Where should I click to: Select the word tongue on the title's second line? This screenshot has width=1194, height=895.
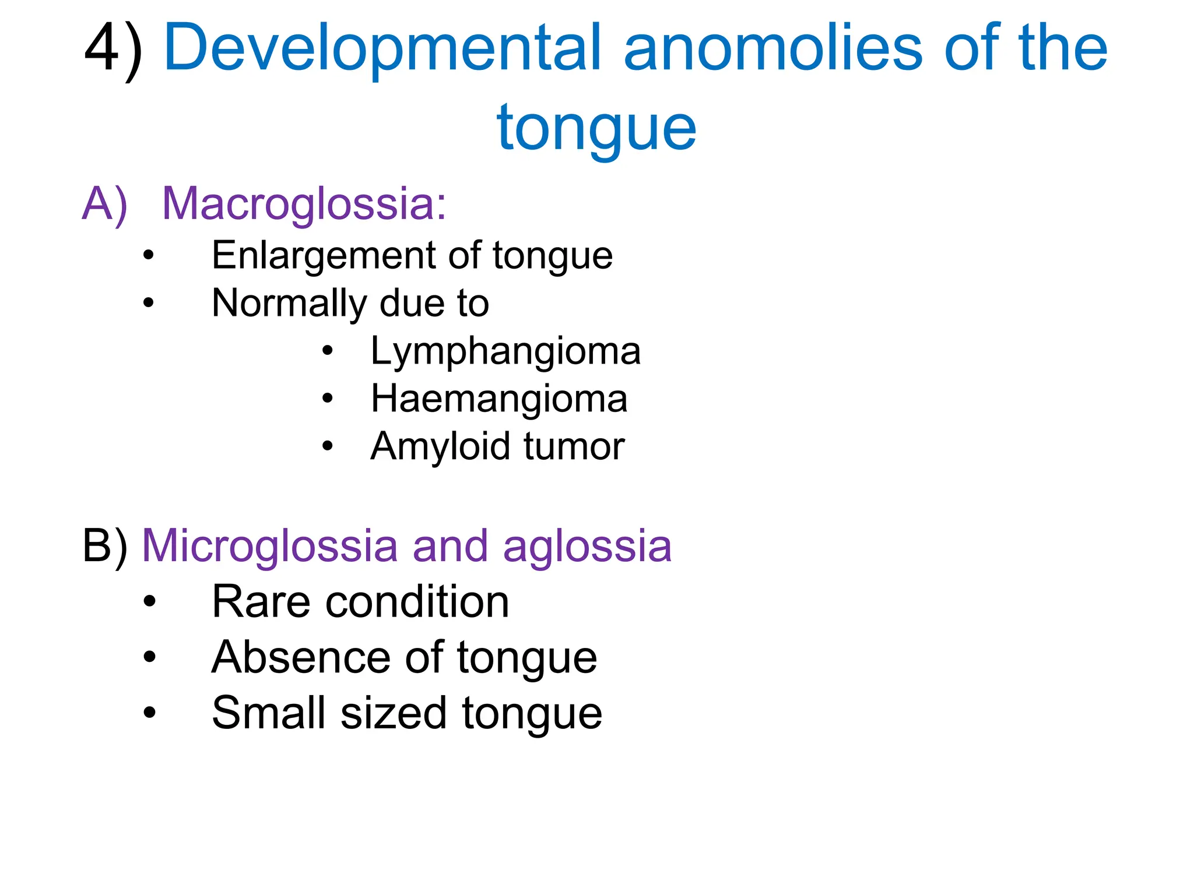(596, 128)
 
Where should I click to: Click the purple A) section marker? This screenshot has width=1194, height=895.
(105, 204)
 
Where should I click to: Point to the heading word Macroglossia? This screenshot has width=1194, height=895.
(303, 204)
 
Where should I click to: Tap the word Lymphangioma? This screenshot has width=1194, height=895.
(505, 351)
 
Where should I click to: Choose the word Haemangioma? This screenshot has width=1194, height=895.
(499, 399)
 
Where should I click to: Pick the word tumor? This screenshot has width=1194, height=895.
(574, 447)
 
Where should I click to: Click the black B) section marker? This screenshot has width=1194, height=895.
(105, 546)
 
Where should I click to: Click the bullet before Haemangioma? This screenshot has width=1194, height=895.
(328, 399)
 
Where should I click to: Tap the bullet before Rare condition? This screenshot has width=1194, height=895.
(150, 601)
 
